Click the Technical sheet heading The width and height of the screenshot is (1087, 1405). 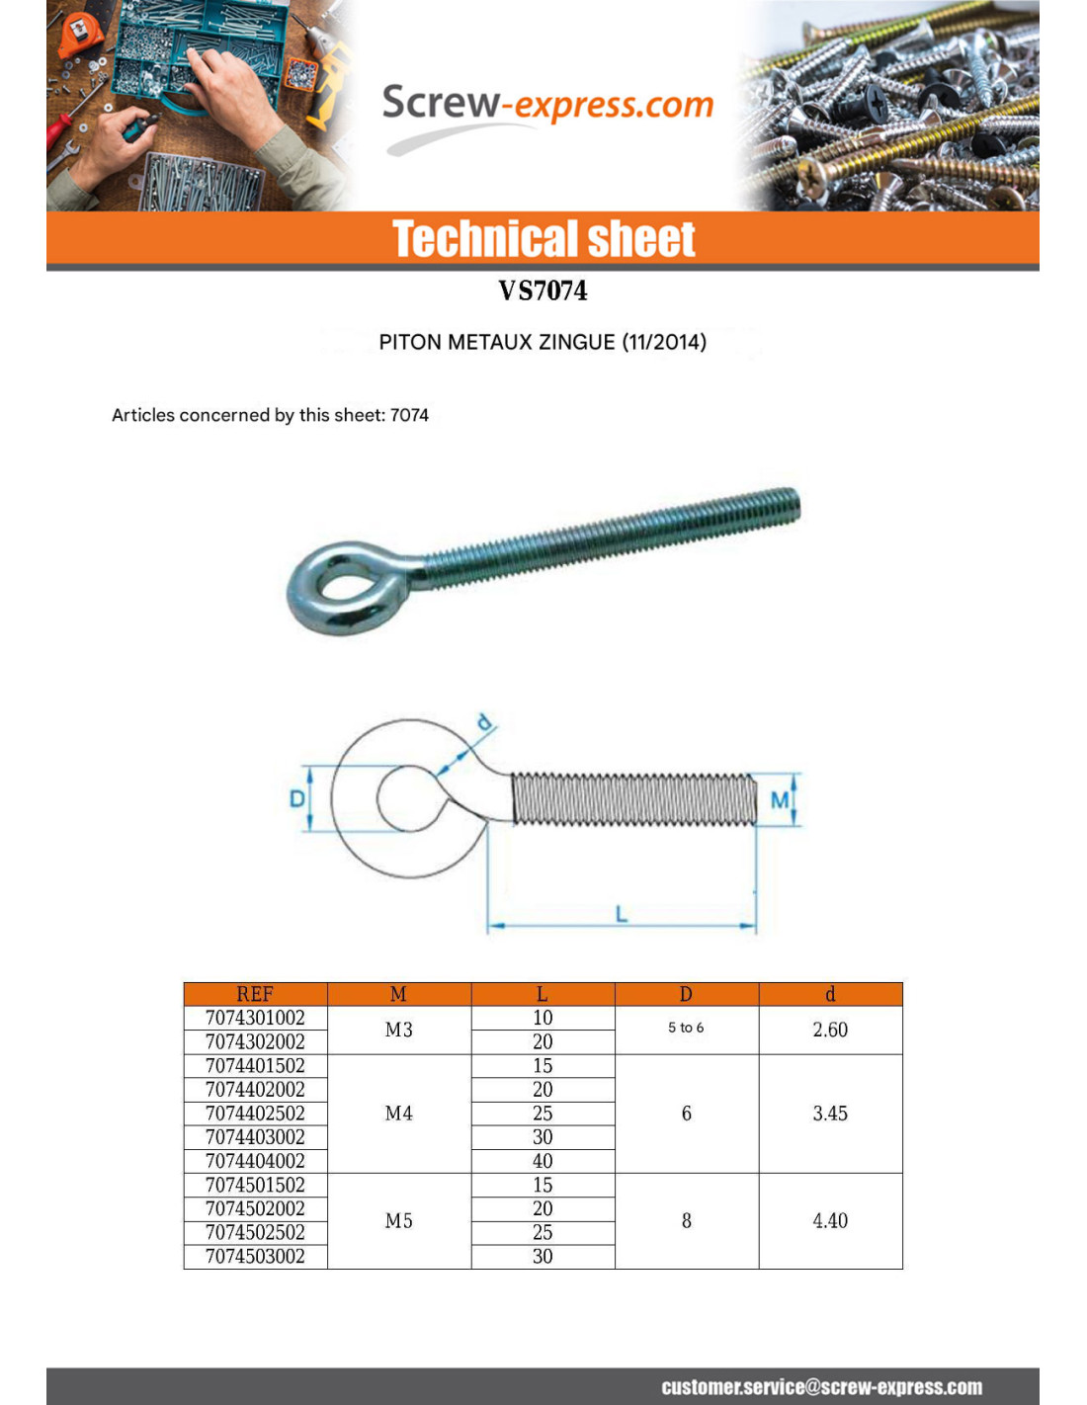click(x=543, y=239)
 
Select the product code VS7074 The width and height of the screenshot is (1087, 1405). click(x=543, y=290)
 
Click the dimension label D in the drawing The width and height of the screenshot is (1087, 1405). click(x=296, y=797)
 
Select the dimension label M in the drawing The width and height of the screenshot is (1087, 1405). click(x=780, y=799)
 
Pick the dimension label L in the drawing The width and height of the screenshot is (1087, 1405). click(x=622, y=913)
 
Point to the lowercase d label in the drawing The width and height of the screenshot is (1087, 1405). click(x=483, y=723)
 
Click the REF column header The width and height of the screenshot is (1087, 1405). click(x=255, y=994)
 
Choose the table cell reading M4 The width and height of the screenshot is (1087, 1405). click(x=399, y=1114)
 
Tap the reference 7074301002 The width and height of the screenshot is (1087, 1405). click(x=255, y=1018)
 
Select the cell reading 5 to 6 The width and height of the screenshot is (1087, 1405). click(x=686, y=1028)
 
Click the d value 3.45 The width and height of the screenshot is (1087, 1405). click(x=830, y=1114)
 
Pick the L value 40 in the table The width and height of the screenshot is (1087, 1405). click(x=543, y=1161)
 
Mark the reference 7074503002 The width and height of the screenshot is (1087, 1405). click(x=255, y=1257)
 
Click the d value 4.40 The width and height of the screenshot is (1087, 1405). click(x=830, y=1221)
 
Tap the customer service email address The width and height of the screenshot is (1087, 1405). click(x=821, y=1387)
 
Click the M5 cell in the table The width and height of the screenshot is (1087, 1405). click(x=399, y=1221)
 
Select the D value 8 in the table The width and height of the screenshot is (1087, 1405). click(x=687, y=1221)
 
